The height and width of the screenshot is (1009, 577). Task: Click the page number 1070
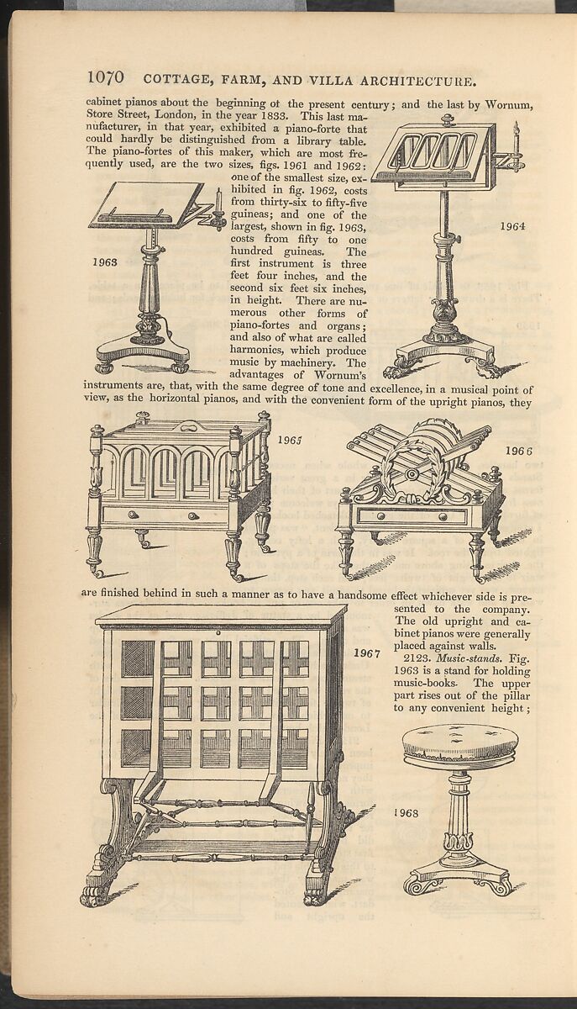(x=106, y=78)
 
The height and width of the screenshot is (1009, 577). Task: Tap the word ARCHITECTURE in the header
(x=408, y=81)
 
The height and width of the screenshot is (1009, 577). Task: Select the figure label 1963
(x=105, y=262)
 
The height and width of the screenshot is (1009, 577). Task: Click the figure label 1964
(x=511, y=225)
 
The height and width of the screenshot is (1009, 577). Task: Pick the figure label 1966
(x=518, y=452)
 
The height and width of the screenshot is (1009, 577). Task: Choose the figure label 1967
(x=366, y=652)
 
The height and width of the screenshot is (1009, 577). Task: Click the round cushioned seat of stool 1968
(x=459, y=742)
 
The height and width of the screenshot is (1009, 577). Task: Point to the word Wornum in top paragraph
(x=510, y=105)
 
